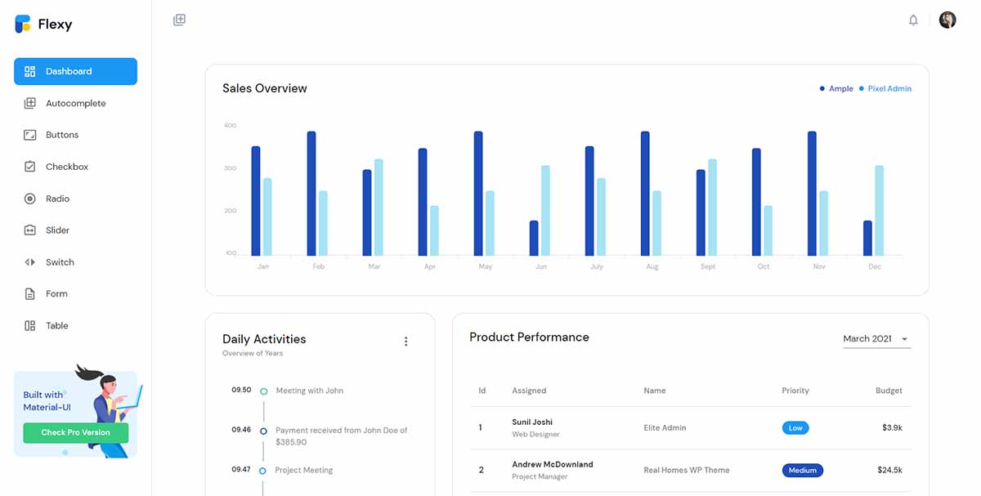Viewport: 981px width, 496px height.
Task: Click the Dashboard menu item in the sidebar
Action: (75, 71)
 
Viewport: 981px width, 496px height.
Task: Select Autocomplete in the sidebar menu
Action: (75, 104)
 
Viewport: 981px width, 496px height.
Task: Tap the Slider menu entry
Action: (57, 230)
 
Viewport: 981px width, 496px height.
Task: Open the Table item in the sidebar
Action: (56, 326)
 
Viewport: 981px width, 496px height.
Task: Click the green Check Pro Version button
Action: (75, 432)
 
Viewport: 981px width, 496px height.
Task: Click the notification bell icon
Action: (913, 20)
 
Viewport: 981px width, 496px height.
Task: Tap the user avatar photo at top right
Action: (947, 20)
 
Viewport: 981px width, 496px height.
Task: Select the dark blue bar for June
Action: (534, 238)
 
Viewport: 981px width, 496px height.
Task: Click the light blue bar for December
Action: (879, 210)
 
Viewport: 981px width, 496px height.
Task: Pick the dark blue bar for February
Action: (311, 193)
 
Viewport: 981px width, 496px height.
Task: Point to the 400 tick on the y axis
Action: (230, 126)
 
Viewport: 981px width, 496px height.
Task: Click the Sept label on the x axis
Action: (708, 267)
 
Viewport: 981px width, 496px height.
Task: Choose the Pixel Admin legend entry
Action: (889, 88)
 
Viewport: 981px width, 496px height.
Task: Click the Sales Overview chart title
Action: (265, 88)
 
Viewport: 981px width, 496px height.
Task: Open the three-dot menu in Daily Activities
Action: (405, 342)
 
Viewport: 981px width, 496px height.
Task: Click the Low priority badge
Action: (795, 428)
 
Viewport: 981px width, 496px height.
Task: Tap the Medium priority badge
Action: (802, 471)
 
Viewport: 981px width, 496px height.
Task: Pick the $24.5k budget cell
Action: (889, 471)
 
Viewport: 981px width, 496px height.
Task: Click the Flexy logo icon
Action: (23, 25)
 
